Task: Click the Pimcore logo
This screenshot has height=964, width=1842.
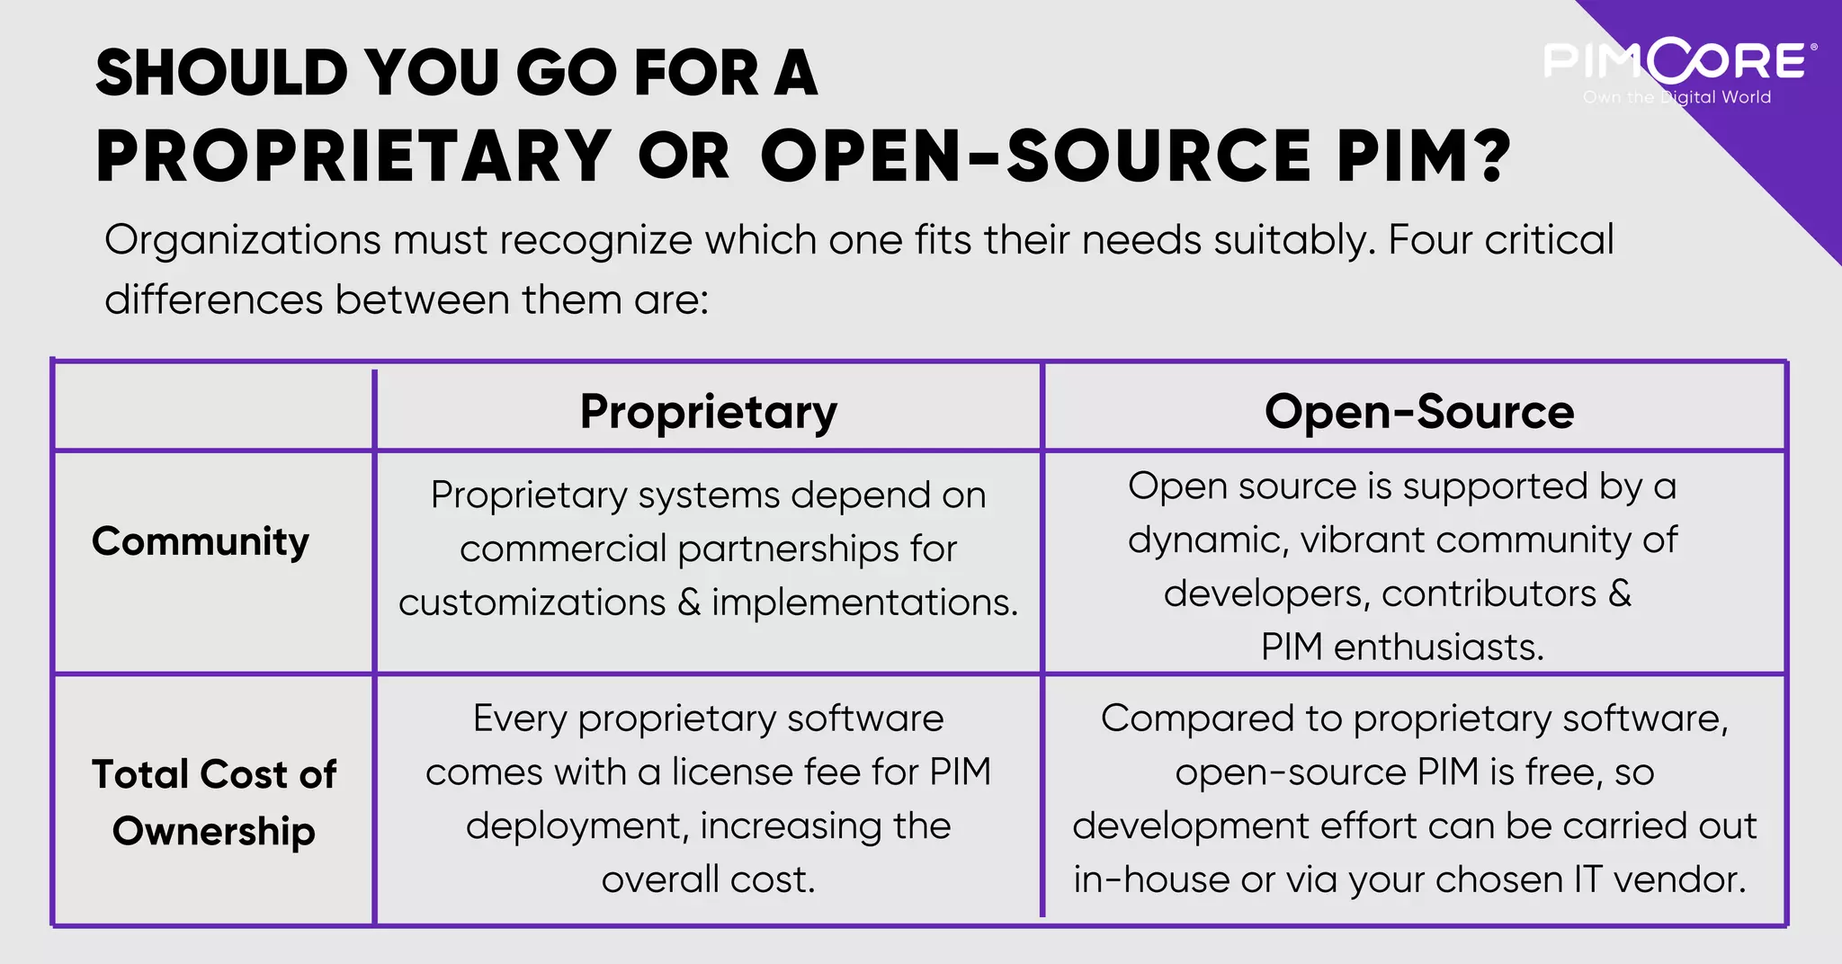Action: (x=1677, y=61)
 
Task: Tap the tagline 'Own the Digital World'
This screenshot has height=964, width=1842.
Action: (x=1677, y=97)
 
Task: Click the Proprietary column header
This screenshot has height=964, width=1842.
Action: (x=708, y=412)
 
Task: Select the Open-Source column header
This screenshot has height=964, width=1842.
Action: (x=1418, y=412)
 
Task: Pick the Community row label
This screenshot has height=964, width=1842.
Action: (x=201, y=541)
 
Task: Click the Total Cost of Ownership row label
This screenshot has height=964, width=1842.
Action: (x=214, y=802)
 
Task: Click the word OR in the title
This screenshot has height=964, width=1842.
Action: (x=684, y=156)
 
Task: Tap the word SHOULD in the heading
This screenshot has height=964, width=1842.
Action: (x=221, y=73)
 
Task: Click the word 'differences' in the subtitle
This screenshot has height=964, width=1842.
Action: (x=213, y=299)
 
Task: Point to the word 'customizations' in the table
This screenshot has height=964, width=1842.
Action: (x=532, y=602)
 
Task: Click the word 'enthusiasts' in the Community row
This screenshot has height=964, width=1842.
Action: (x=1437, y=647)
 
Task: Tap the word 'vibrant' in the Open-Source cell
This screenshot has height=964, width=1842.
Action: (x=1362, y=540)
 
